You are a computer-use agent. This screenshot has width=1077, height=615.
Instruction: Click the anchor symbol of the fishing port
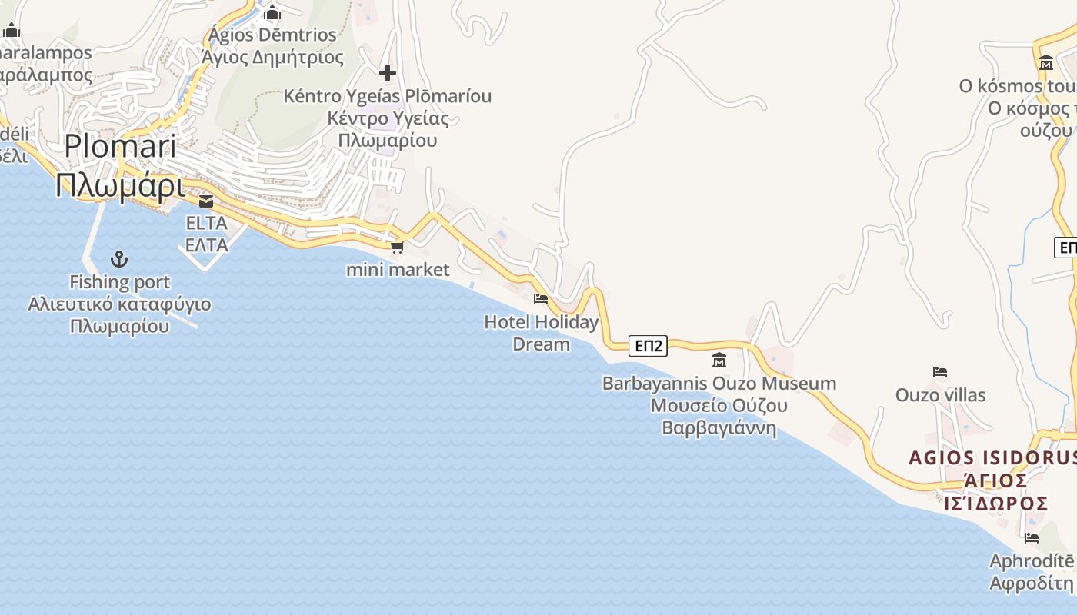(x=119, y=259)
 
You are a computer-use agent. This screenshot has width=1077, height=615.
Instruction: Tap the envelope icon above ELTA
(x=206, y=201)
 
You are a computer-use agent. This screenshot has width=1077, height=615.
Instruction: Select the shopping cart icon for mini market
(x=397, y=247)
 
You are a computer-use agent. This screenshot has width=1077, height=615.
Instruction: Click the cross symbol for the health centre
(x=388, y=73)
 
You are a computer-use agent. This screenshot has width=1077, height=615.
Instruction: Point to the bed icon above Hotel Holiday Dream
(x=541, y=298)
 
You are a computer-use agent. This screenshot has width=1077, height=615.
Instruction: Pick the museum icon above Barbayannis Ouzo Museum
(x=719, y=359)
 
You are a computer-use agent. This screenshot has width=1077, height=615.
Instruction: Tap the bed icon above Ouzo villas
(x=939, y=372)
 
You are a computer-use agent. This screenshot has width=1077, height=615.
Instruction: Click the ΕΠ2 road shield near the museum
(x=648, y=346)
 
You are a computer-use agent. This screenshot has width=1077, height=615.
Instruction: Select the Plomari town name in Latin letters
(x=120, y=146)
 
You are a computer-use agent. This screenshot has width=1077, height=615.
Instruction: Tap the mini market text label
(x=398, y=269)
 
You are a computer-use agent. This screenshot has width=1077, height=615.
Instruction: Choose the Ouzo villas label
(x=940, y=395)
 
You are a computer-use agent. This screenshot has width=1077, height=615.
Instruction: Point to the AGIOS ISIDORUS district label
(x=992, y=458)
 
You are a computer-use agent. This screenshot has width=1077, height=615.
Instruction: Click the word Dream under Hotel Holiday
(x=541, y=344)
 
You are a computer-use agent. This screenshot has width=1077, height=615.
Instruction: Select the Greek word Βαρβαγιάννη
(x=719, y=427)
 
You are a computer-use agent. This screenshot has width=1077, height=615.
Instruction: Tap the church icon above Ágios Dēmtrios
(x=272, y=13)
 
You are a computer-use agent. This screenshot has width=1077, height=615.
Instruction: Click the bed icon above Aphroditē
(x=1032, y=538)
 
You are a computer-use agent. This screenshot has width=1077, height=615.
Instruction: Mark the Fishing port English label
(x=120, y=282)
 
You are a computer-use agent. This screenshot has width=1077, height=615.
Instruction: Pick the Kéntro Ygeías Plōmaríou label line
(x=387, y=96)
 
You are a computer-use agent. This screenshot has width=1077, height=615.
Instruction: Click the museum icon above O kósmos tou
(x=1045, y=62)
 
